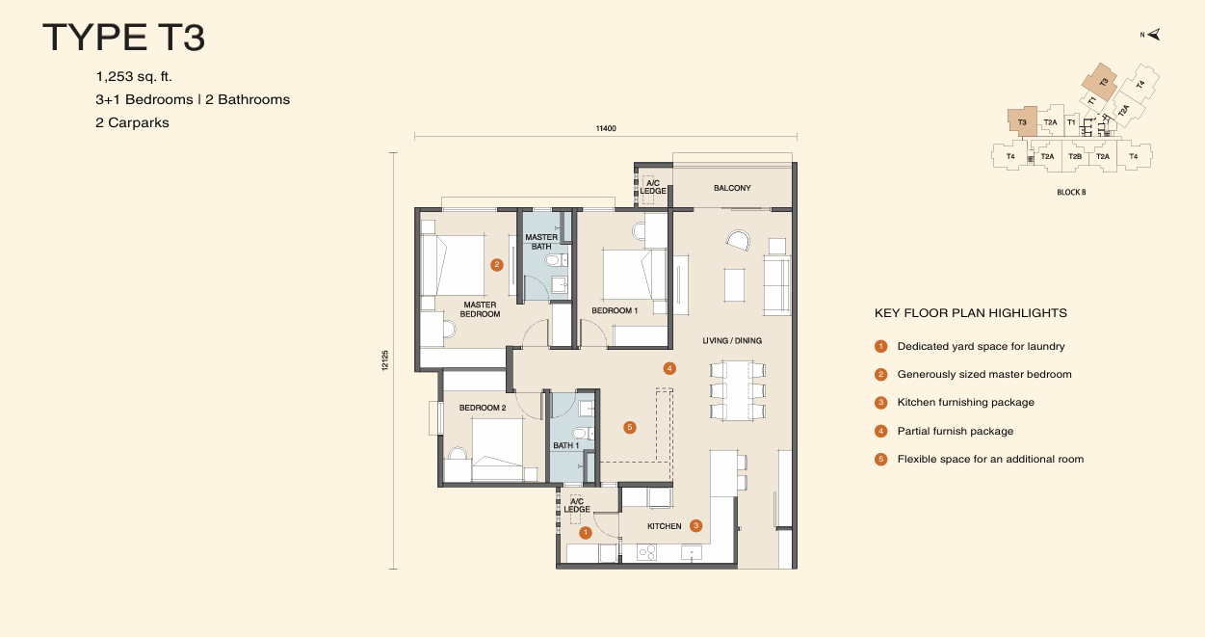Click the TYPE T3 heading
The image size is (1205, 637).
124,39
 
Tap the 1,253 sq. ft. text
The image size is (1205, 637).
134,76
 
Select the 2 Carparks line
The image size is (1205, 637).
132,122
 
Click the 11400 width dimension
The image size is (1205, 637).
605,128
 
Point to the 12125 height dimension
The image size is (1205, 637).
384,360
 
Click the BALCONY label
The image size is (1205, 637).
732,188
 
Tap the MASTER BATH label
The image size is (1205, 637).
541,242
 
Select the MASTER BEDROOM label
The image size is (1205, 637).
480,309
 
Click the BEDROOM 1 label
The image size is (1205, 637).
615,310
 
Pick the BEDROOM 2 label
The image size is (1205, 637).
483,408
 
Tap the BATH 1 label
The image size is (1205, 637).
565,446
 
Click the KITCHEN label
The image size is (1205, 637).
665,526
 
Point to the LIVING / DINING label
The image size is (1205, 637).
732,340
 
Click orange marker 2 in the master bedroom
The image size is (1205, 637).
497,264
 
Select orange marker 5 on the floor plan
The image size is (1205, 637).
630,427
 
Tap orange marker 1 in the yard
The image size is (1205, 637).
585,532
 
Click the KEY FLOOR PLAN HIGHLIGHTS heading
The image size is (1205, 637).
970,313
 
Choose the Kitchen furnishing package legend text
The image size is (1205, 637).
965,403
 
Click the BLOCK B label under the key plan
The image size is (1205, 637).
1071,193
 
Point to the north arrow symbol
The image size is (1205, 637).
1153,35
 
